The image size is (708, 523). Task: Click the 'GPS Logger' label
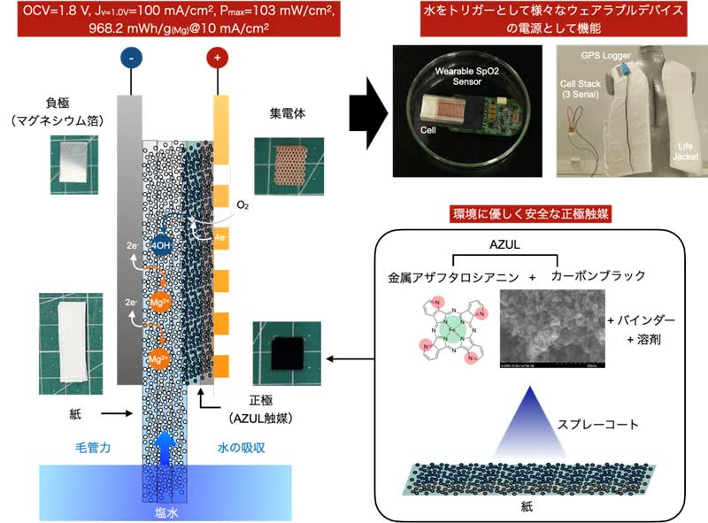(606, 55)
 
